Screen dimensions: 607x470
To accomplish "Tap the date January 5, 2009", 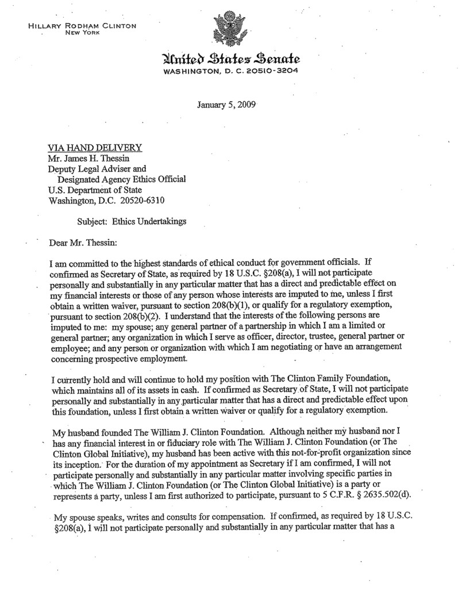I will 226,105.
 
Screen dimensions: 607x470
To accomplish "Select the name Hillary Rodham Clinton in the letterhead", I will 82,26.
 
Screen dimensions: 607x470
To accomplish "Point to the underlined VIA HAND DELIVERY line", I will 95,148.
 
